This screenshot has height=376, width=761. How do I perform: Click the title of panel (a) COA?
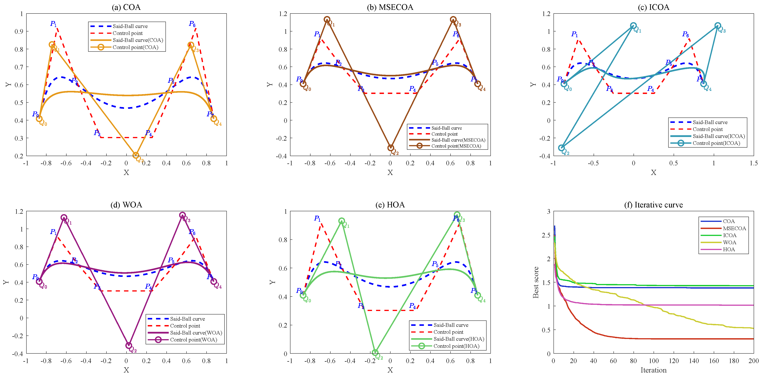pos(126,7)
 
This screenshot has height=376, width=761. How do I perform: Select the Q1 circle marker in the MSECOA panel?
pos(327,19)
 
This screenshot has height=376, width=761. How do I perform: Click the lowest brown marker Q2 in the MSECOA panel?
pos(391,148)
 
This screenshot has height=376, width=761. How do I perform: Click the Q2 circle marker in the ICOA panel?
pos(561,148)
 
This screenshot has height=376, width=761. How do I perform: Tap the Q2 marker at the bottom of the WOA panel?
pos(128,345)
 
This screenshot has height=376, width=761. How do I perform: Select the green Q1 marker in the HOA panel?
pos(342,221)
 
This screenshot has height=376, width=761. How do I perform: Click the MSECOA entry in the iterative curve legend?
pos(734,228)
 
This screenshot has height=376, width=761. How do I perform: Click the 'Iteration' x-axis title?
pos(653,370)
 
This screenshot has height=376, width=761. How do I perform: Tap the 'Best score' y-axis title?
pos(536,282)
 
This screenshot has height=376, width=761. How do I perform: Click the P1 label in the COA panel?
pos(53,24)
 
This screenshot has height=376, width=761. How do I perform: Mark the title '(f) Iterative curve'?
pos(653,205)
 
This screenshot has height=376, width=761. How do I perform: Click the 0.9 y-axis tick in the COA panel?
pos(19,31)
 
